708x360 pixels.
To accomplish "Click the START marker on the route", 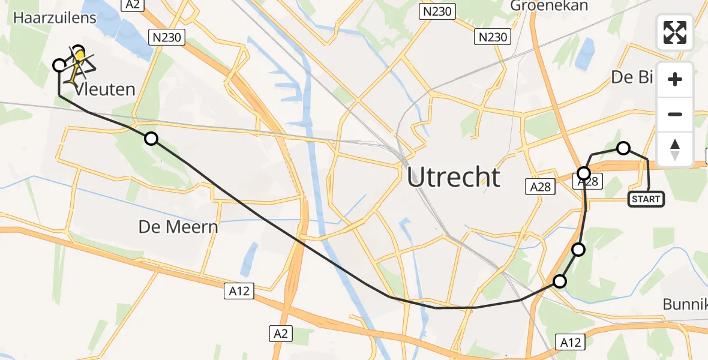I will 646,199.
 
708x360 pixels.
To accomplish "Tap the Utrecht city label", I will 454,178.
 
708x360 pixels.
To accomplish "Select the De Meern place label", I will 178,227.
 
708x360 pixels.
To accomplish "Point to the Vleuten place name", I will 105,90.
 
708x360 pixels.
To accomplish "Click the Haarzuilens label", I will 55,18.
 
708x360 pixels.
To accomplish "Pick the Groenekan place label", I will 549,6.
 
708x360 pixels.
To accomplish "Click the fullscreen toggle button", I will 675,32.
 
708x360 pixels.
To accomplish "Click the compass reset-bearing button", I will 675,149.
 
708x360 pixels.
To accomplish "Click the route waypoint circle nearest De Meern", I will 151,139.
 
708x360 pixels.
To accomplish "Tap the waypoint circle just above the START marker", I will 623,148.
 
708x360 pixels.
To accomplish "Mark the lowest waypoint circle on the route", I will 559,281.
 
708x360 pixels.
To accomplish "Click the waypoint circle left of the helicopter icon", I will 59,65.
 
